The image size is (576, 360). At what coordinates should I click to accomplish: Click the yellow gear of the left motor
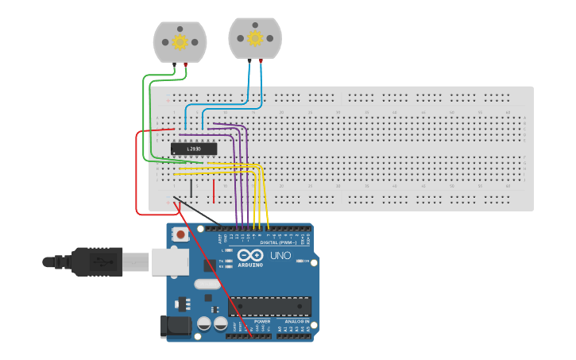point(180,41)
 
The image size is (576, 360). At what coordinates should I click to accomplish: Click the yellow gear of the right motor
point(255,37)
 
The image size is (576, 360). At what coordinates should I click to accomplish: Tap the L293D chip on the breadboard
point(194,149)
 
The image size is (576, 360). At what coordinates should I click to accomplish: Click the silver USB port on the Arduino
point(170,261)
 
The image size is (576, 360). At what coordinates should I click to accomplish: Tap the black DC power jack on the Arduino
point(174,326)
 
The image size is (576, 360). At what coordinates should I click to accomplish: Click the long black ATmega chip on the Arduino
point(269,306)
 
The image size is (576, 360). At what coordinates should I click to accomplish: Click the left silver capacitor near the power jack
point(203,323)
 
